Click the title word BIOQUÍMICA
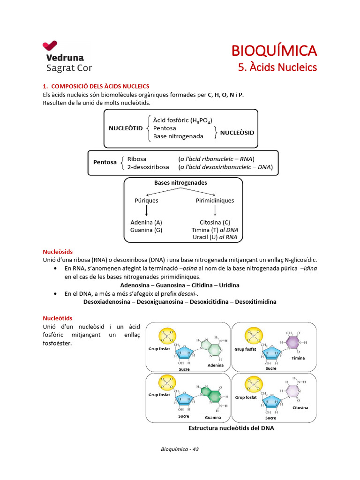pyautogui.click(x=275, y=50)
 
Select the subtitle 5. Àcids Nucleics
pyautogui.click(x=277, y=67)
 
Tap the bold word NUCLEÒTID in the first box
pyautogui.click(x=126, y=128)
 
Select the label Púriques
pyautogui.click(x=146, y=201)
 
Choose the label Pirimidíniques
pyautogui.click(x=215, y=201)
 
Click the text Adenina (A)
pyautogui.click(x=146, y=222)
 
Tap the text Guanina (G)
pyautogui.click(x=146, y=230)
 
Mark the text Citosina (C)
pyautogui.click(x=215, y=222)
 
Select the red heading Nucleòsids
pyautogui.click(x=58, y=252)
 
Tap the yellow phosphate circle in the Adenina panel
pyautogui.click(x=166, y=336)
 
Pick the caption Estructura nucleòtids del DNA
pyautogui.click(x=231, y=428)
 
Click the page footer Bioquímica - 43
pyautogui.click(x=180, y=450)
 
